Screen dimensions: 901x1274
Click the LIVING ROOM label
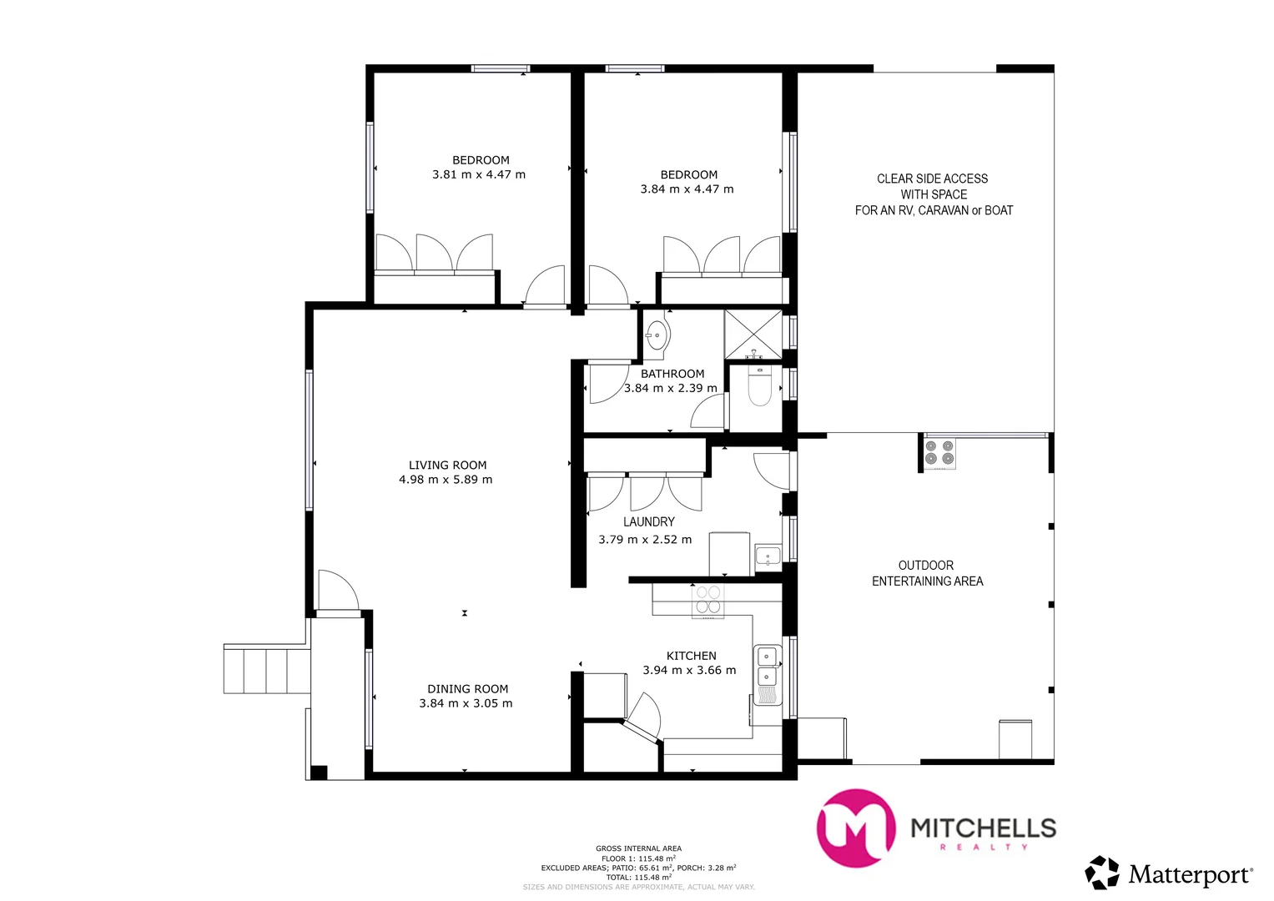click(447, 466)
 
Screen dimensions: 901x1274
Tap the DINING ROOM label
click(467, 689)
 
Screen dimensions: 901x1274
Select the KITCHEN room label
click(691, 657)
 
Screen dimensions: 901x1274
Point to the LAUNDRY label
click(648, 522)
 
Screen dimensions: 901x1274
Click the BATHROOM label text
click(672, 374)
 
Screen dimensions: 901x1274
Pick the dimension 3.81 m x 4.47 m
click(478, 175)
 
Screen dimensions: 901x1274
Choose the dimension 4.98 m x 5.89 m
click(446, 480)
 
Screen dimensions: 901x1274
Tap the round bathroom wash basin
click(657, 335)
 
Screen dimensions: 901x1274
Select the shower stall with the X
click(753, 335)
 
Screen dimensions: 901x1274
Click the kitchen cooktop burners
click(708, 600)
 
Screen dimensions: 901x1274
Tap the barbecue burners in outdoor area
click(939, 452)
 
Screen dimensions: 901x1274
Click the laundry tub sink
click(768, 556)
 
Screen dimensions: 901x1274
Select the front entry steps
click(265, 669)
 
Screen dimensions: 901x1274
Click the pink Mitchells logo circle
click(856, 828)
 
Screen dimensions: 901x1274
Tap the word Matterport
click(1189, 875)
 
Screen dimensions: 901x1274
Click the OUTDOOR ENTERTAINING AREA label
click(927, 573)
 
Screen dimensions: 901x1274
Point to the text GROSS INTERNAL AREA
click(638, 848)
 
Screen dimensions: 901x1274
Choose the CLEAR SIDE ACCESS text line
click(932, 179)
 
